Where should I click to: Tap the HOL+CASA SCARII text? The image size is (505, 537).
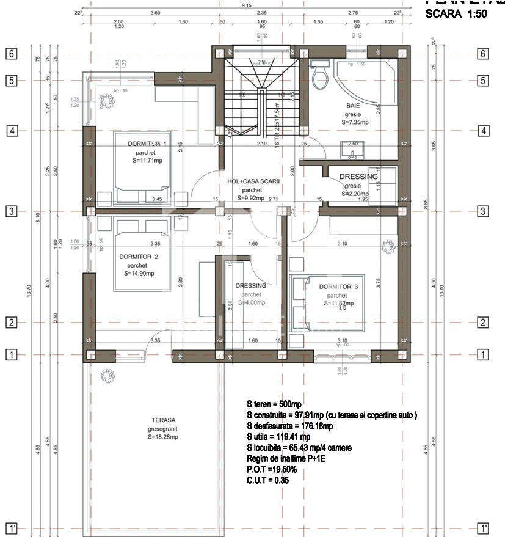(x=253, y=181)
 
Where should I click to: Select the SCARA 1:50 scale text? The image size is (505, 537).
(x=456, y=14)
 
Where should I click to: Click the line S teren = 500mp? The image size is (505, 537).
(x=274, y=404)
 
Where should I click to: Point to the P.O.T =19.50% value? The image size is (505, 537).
(x=272, y=470)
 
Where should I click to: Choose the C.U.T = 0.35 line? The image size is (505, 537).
(x=268, y=480)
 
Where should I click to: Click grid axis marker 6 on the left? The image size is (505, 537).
(x=11, y=53)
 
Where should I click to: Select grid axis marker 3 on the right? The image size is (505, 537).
(x=482, y=211)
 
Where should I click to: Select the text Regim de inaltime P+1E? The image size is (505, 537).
(x=286, y=459)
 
